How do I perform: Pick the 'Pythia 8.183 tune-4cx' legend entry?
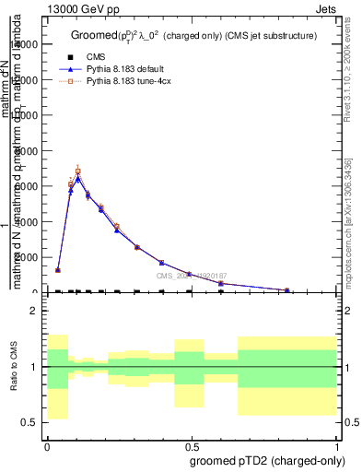click(x=137, y=82)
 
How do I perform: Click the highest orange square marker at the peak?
click(x=78, y=171)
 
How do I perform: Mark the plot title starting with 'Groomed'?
click(x=193, y=36)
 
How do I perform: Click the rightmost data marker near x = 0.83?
click(x=286, y=290)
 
